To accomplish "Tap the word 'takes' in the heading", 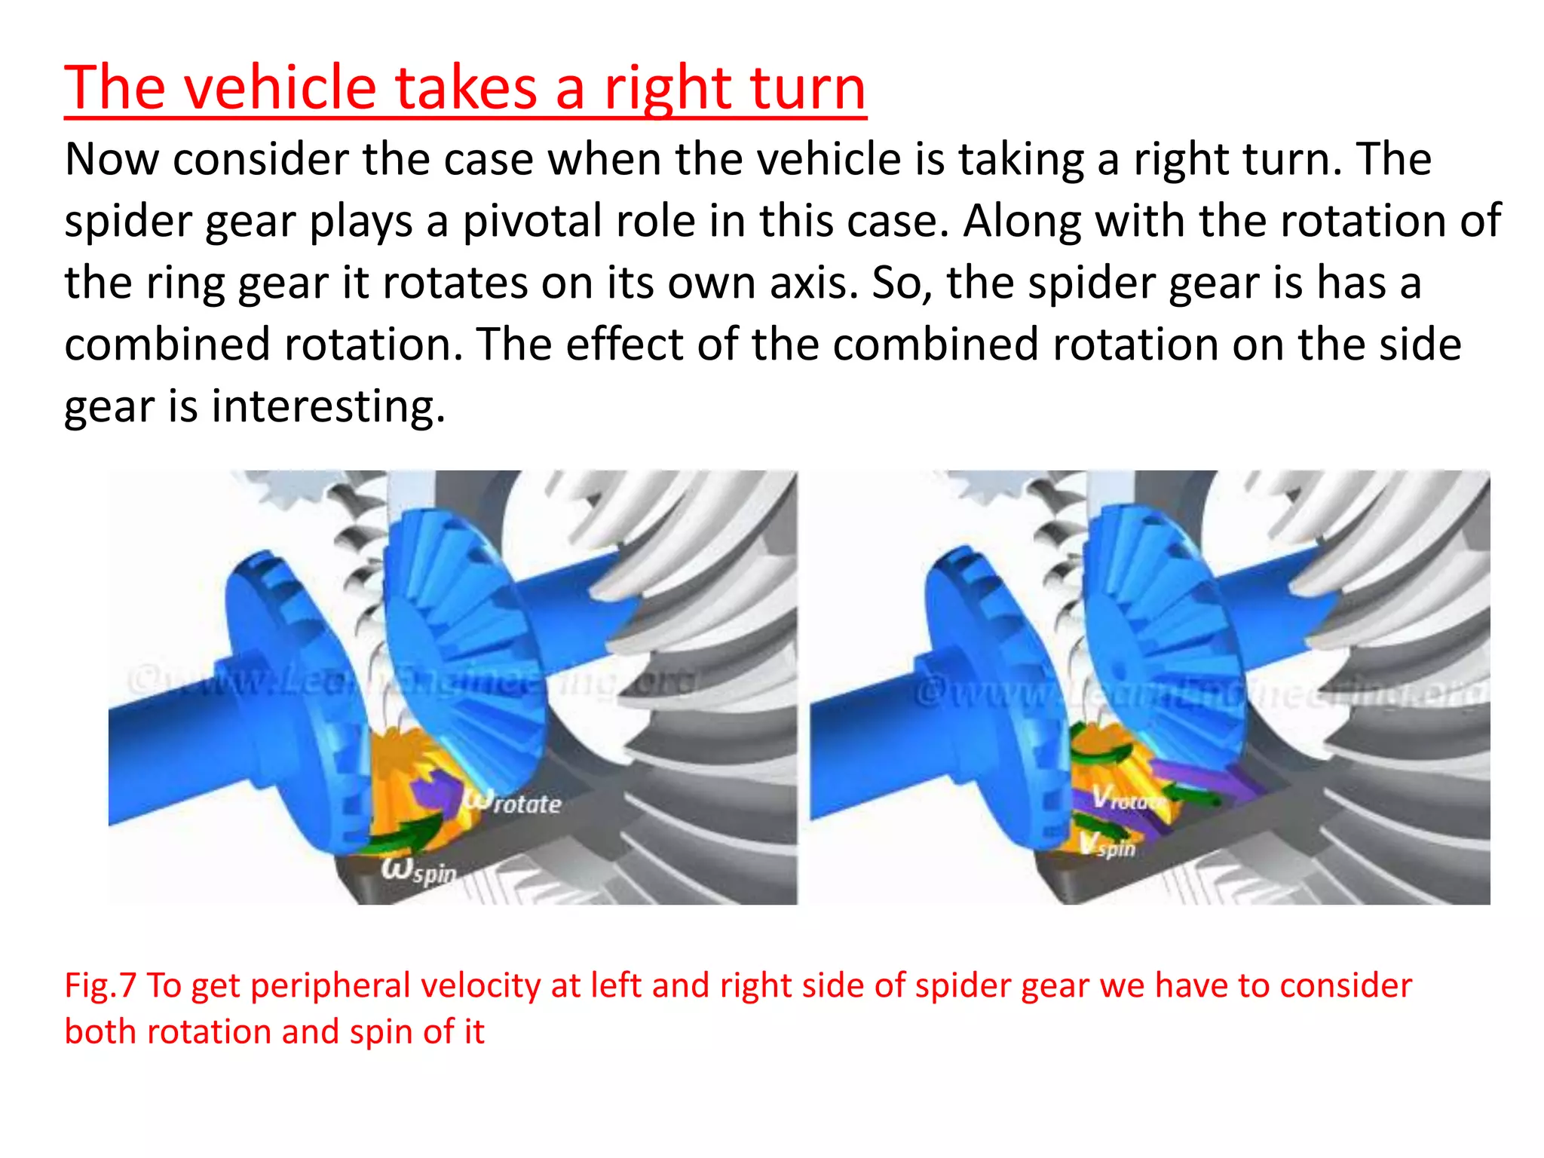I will point(466,88).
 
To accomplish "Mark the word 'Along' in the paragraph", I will point(1022,222).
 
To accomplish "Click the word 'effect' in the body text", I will point(624,345).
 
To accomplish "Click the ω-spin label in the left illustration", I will point(419,870).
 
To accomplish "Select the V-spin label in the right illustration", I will point(1107,845).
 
